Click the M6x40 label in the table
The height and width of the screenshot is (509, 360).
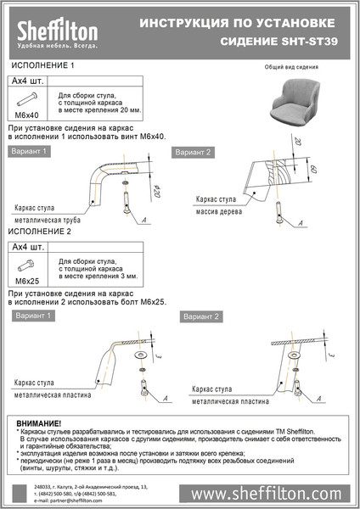pos(28,114)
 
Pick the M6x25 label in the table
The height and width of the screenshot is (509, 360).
pos(28,279)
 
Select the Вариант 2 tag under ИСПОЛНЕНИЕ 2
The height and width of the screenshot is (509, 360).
pos(201,316)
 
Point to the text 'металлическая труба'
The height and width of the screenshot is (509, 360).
pos(50,218)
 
